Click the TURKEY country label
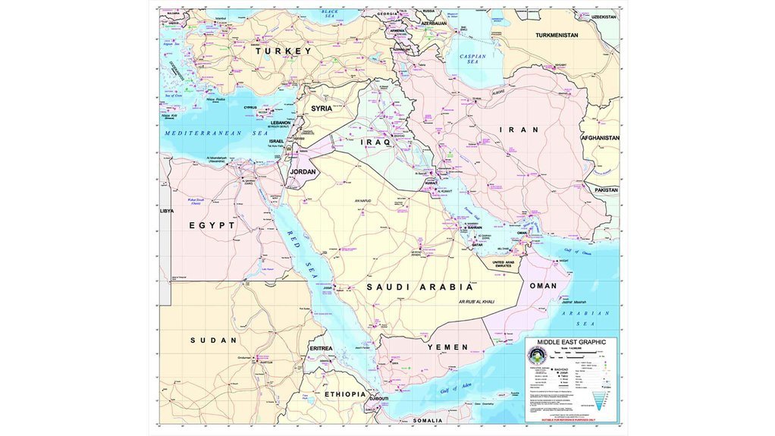pos(284,51)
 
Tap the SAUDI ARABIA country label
pos(420,287)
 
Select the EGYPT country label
pos(212,225)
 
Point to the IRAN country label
pos(519,130)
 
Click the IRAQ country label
pos(375,142)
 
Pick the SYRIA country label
pos(322,108)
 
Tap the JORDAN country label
pos(303,172)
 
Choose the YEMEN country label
pos(447,347)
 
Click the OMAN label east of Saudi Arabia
pos(542,286)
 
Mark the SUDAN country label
pos(213,340)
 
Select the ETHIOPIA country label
pos(345,394)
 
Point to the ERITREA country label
pos(322,348)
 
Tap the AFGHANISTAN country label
pos(600,138)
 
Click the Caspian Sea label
pos(472,59)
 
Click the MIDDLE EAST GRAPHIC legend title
pos(571,343)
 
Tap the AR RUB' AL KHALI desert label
pos(475,302)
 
